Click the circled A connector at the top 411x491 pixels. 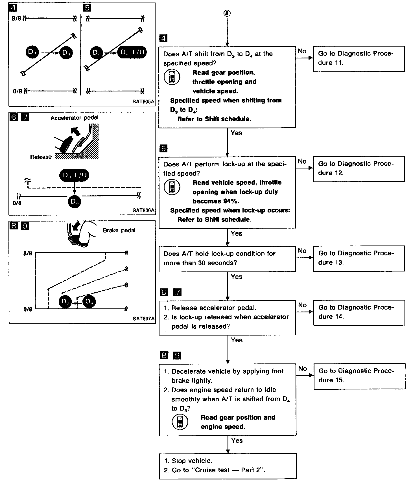[227, 13]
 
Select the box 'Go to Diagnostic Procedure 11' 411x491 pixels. [359, 59]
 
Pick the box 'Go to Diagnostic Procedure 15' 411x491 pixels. [359, 376]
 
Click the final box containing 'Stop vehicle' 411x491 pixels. [228, 466]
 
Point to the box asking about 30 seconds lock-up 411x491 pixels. [227, 259]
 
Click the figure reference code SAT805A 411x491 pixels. [143, 102]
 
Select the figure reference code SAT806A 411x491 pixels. [143, 210]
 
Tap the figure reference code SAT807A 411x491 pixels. [143, 319]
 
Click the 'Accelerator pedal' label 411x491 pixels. [75, 118]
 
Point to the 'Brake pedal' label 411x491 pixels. [119, 231]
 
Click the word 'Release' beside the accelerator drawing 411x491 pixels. [41, 157]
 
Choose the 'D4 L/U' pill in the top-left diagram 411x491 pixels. [132, 52]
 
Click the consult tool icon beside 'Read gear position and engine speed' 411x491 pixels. [180, 422]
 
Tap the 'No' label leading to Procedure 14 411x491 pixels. [302, 305]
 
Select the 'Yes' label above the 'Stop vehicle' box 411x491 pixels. [237, 440]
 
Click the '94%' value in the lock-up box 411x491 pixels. [231, 201]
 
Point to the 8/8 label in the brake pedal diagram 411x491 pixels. [28, 253]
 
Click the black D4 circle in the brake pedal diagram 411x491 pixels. [89, 302]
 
